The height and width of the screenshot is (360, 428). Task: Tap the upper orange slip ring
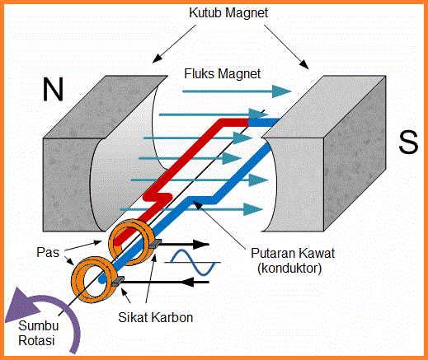132,241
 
